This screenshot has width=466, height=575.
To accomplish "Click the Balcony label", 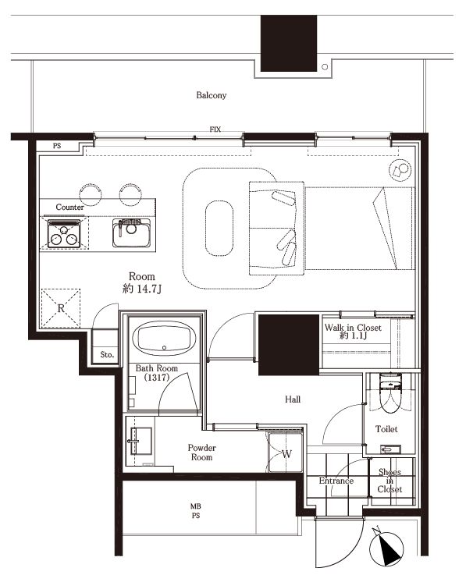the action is click(x=211, y=95).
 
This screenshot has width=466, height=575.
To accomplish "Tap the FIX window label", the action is click(x=215, y=130).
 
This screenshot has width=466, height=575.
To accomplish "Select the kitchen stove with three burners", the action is click(x=64, y=233).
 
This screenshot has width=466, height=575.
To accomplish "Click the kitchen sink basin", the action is click(x=131, y=232).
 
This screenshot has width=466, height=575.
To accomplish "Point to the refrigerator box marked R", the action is click(x=61, y=308).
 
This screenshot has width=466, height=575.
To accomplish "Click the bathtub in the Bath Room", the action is click(x=164, y=339).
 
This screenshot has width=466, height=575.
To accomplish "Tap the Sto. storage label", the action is click(x=107, y=355).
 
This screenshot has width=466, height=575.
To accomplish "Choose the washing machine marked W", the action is click(x=286, y=453).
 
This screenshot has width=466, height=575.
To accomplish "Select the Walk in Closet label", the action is click(x=353, y=331).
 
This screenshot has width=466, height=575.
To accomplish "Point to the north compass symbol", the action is click(x=386, y=547).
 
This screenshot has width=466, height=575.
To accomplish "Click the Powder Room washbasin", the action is click(x=140, y=441).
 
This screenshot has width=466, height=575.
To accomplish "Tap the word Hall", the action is click(x=293, y=399).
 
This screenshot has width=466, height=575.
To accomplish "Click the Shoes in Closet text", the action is click(x=390, y=481).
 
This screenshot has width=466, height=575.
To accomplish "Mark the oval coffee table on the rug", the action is click(x=219, y=228).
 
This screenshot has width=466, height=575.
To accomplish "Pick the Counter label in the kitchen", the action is click(x=69, y=208).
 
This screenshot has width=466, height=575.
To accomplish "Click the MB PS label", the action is click(x=196, y=511).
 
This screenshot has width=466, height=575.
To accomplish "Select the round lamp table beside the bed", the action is click(x=400, y=171).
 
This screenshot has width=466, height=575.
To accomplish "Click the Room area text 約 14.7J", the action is click(x=142, y=289).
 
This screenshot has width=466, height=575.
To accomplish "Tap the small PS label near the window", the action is click(x=57, y=146).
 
